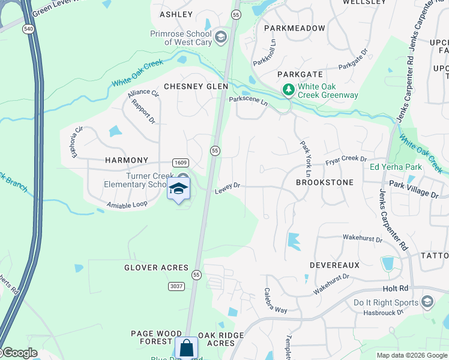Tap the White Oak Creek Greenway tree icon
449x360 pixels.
pos(289,90)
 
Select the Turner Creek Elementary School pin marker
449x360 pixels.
pos(178,190)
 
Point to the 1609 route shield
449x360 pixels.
pos(181,163)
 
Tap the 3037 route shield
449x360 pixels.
pos(176,286)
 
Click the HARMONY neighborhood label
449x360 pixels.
pos(126,160)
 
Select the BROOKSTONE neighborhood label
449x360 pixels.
pos(325,182)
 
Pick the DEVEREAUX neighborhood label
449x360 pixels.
pos(334,265)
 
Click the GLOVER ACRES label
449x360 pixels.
pos(156,268)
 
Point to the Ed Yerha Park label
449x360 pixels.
pos(396,167)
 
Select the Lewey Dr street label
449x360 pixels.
pos(228,186)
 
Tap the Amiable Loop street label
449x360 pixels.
pos(127,205)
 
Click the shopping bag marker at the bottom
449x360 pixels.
pos(187,348)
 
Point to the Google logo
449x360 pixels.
pos(20,353)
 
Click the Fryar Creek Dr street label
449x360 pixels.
pos(346,159)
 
